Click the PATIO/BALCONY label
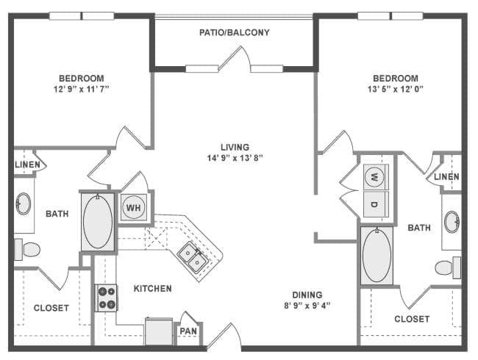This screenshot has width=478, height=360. pos(234,32)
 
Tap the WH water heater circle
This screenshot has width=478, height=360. pos(134,207)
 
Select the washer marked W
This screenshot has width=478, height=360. pos(374,177)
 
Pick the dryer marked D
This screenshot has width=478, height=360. pos(374,204)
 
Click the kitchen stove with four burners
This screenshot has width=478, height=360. pos(106,298)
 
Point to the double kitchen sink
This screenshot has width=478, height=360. pos(193,256)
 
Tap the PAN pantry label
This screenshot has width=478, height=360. pos(188,331)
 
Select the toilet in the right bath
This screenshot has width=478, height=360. pos(448,267)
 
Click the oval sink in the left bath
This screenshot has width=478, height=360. pos(24,204)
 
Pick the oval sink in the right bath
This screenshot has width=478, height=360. pos(452,222)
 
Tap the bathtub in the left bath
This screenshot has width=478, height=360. pos(98,221)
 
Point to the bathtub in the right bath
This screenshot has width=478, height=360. pos(377,256)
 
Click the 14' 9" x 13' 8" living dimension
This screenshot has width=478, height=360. pos(235,158)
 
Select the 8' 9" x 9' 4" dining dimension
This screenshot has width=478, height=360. pos(307,305)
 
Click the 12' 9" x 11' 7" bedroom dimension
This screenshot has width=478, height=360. pos(82,89)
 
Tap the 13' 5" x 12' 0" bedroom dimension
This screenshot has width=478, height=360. pos(396,89)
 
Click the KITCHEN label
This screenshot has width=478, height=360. pos(153,289)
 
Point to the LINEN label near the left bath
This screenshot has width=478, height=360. pos(27,165)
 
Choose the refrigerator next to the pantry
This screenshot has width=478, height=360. pos(159,331)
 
